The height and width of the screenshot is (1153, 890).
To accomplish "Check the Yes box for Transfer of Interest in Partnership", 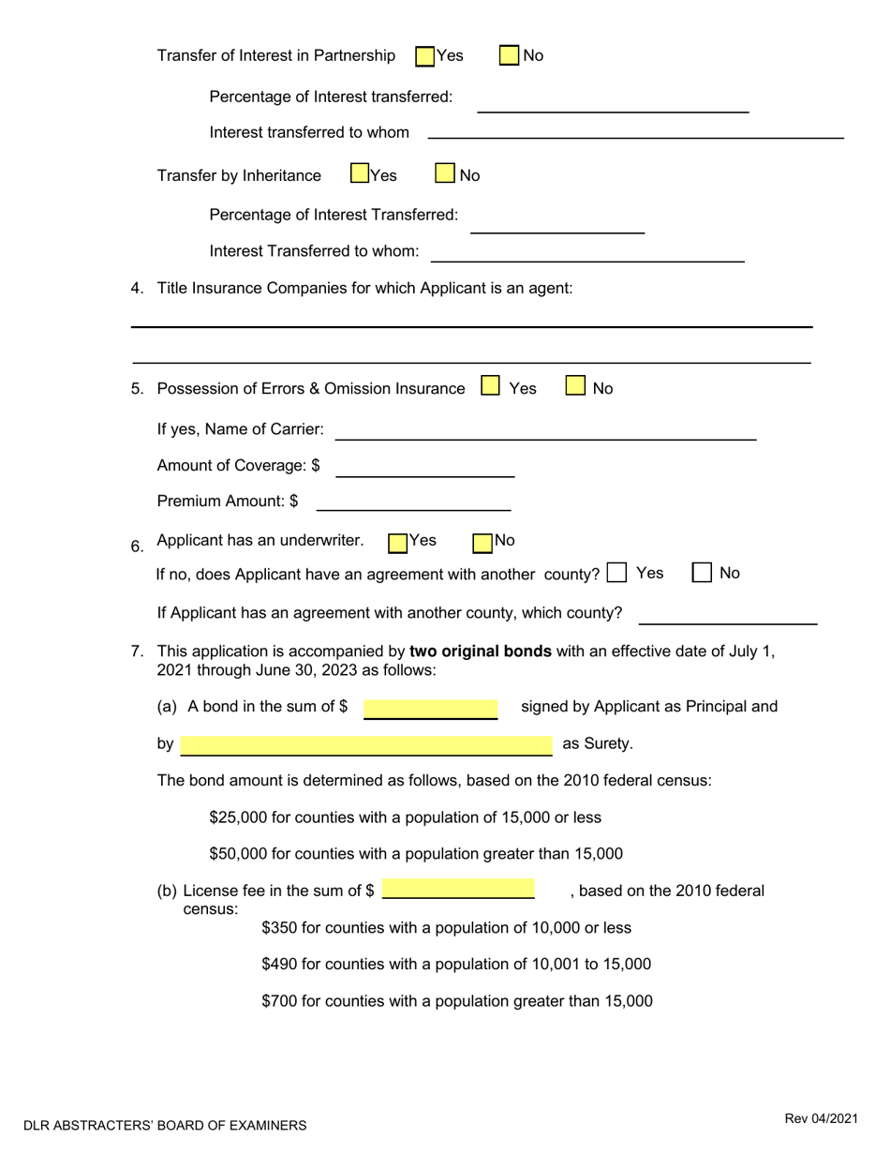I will point(424,56).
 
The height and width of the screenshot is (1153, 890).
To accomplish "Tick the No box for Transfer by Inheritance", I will point(445,173).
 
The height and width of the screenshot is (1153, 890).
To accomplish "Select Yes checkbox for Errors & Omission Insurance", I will point(489,386).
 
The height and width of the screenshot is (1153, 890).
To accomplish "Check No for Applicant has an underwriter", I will point(482,542).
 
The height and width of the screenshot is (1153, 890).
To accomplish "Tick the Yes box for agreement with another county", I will point(616,573).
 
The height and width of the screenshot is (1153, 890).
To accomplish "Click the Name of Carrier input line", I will point(545,430).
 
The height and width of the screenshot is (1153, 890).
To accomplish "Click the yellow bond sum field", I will point(430,708).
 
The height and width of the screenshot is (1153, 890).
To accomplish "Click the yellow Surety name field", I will point(365,745).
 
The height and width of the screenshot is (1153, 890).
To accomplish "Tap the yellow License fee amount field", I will point(458,890).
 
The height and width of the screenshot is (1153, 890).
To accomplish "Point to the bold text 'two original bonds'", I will point(481,651).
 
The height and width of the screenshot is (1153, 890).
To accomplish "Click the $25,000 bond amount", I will point(232,817).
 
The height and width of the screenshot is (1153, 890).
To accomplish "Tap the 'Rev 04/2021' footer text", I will point(820,1117).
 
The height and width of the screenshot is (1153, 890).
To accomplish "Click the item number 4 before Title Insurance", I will point(136,289).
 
